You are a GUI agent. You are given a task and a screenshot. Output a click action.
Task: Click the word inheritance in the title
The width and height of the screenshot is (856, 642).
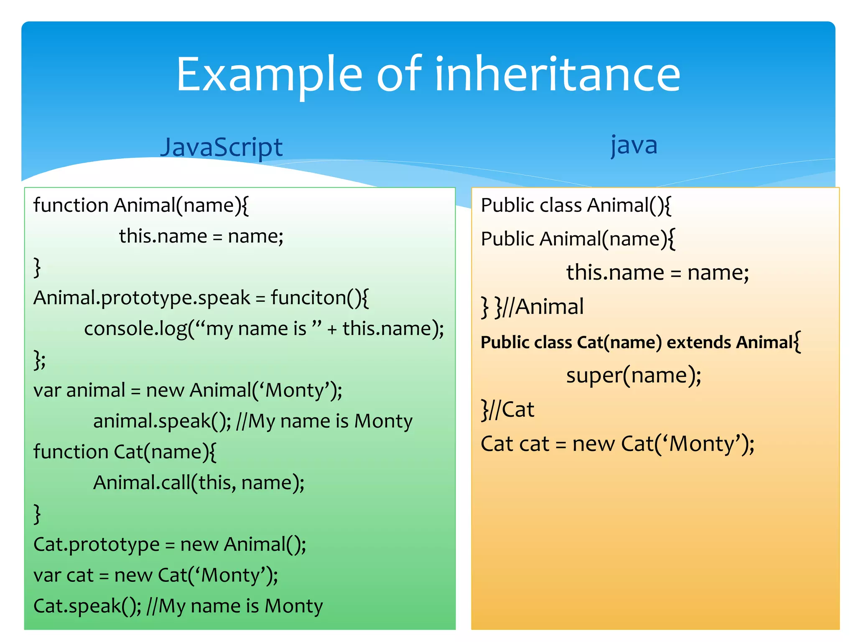point(558,74)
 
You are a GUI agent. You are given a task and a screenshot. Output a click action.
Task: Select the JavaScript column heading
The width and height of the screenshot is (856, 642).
point(222,147)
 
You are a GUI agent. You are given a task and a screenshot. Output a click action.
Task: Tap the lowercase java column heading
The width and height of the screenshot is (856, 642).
point(634,145)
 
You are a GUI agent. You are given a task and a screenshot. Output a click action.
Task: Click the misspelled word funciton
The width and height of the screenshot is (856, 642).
point(319,298)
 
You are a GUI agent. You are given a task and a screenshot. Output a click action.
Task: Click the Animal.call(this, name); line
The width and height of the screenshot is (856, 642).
point(199,483)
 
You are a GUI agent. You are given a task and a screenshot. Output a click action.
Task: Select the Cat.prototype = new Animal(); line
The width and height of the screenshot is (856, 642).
point(169,544)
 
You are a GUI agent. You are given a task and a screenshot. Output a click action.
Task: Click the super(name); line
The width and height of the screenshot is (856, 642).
point(633,375)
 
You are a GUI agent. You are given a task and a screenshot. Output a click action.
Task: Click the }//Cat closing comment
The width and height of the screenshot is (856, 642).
point(507,409)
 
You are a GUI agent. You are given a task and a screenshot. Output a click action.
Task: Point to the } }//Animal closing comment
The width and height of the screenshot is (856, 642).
point(532,307)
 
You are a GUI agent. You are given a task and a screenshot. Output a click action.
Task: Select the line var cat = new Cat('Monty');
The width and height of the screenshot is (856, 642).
point(155,575)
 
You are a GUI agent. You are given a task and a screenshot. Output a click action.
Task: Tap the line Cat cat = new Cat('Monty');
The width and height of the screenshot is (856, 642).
point(617,443)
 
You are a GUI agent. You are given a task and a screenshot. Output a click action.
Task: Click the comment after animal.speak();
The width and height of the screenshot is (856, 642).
point(324,421)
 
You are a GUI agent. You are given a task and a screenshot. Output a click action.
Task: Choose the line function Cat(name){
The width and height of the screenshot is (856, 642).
point(125,452)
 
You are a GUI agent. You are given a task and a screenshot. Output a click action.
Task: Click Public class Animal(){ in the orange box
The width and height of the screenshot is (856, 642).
point(576,205)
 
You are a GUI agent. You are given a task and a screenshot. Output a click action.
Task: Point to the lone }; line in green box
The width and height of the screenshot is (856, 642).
point(40,359)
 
